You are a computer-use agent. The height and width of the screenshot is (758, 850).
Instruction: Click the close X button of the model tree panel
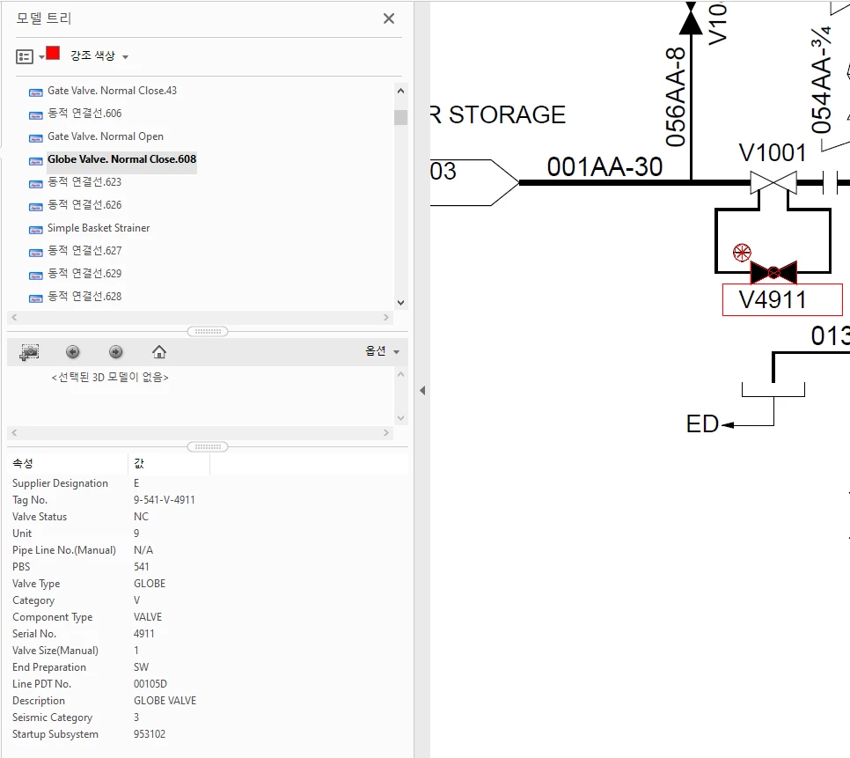389,18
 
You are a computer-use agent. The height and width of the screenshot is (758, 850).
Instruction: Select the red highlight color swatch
53,53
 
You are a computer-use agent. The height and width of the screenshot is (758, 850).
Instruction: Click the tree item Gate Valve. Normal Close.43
112,91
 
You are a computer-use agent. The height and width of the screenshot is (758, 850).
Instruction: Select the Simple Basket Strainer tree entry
99,228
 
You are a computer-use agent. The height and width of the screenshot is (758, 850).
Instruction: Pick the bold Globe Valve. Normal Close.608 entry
121,159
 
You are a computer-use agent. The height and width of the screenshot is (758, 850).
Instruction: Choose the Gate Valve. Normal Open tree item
106,136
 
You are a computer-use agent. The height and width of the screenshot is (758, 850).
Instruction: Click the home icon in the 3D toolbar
159,352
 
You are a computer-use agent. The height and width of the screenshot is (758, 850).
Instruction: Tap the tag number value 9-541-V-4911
165,500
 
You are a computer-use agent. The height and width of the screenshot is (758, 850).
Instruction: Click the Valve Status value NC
141,517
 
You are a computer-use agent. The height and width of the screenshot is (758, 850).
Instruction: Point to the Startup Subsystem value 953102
150,734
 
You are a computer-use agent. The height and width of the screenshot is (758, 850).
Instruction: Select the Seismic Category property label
52,718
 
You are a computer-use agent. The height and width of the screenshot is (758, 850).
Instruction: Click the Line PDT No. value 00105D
150,684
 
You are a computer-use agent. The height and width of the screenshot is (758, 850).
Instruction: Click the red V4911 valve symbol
773,272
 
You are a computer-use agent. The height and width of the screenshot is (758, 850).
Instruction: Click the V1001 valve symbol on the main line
773,182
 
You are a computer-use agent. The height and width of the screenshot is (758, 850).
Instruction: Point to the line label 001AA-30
605,166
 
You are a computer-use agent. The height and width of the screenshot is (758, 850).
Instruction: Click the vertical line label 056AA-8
675,97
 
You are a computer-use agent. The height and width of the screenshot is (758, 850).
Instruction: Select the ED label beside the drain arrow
702,425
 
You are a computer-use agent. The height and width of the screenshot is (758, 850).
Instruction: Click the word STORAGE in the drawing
507,115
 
